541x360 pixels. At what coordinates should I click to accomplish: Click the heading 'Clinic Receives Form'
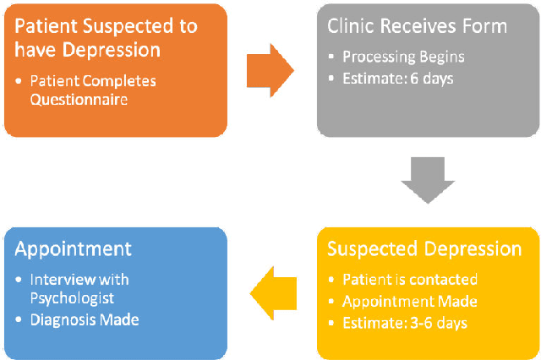417,26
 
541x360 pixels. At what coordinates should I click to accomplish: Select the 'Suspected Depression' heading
424,249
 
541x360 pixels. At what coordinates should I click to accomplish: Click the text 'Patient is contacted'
410,279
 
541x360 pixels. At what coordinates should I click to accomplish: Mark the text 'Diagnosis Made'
84,319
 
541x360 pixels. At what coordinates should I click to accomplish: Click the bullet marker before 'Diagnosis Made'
20,320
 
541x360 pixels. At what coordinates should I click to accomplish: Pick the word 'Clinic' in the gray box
351,26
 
